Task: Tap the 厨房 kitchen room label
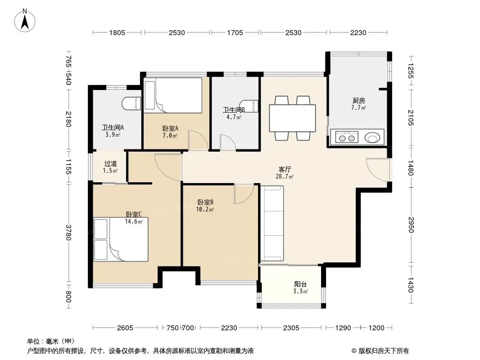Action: (359, 101)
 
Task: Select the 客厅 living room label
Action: (285, 170)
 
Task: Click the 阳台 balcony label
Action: (300, 284)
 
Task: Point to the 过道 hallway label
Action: (110, 164)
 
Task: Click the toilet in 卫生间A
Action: (131, 103)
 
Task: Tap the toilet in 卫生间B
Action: (249, 106)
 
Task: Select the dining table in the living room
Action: (292, 118)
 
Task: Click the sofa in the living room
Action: (272, 224)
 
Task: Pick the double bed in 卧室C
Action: (121, 239)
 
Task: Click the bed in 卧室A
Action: (173, 95)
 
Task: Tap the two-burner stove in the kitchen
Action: (347, 137)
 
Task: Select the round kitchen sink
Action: (372, 138)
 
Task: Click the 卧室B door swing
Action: (244, 194)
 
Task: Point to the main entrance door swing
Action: (378, 170)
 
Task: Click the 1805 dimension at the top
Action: (117, 32)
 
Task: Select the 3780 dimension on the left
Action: (68, 233)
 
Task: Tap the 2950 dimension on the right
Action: (411, 225)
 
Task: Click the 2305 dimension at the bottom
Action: (291, 328)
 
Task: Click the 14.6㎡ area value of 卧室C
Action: (134, 221)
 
